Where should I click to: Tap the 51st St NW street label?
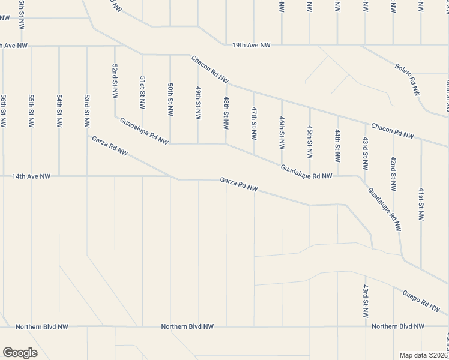click(143, 92)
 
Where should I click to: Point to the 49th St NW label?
click(198, 103)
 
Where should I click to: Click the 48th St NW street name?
click(226, 112)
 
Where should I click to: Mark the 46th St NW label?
click(282, 133)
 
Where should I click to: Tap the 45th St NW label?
click(309, 142)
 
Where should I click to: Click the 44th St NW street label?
click(337, 146)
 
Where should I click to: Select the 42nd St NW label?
click(393, 174)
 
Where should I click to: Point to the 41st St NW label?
click(421, 203)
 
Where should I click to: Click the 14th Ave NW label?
click(32, 176)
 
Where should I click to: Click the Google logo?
click(20, 353)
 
